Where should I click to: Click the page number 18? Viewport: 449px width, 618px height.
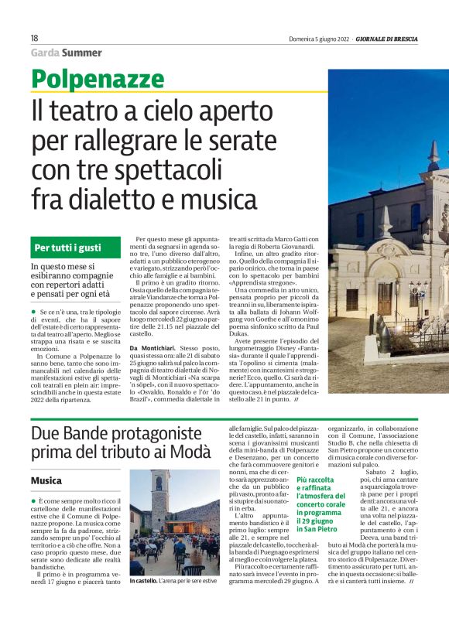point(35,37)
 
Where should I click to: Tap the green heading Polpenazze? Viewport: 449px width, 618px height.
point(94,78)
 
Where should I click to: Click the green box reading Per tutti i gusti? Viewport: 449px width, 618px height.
point(68,227)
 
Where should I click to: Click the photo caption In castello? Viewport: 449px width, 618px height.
point(145,603)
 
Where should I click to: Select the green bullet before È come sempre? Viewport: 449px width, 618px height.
point(33,502)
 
